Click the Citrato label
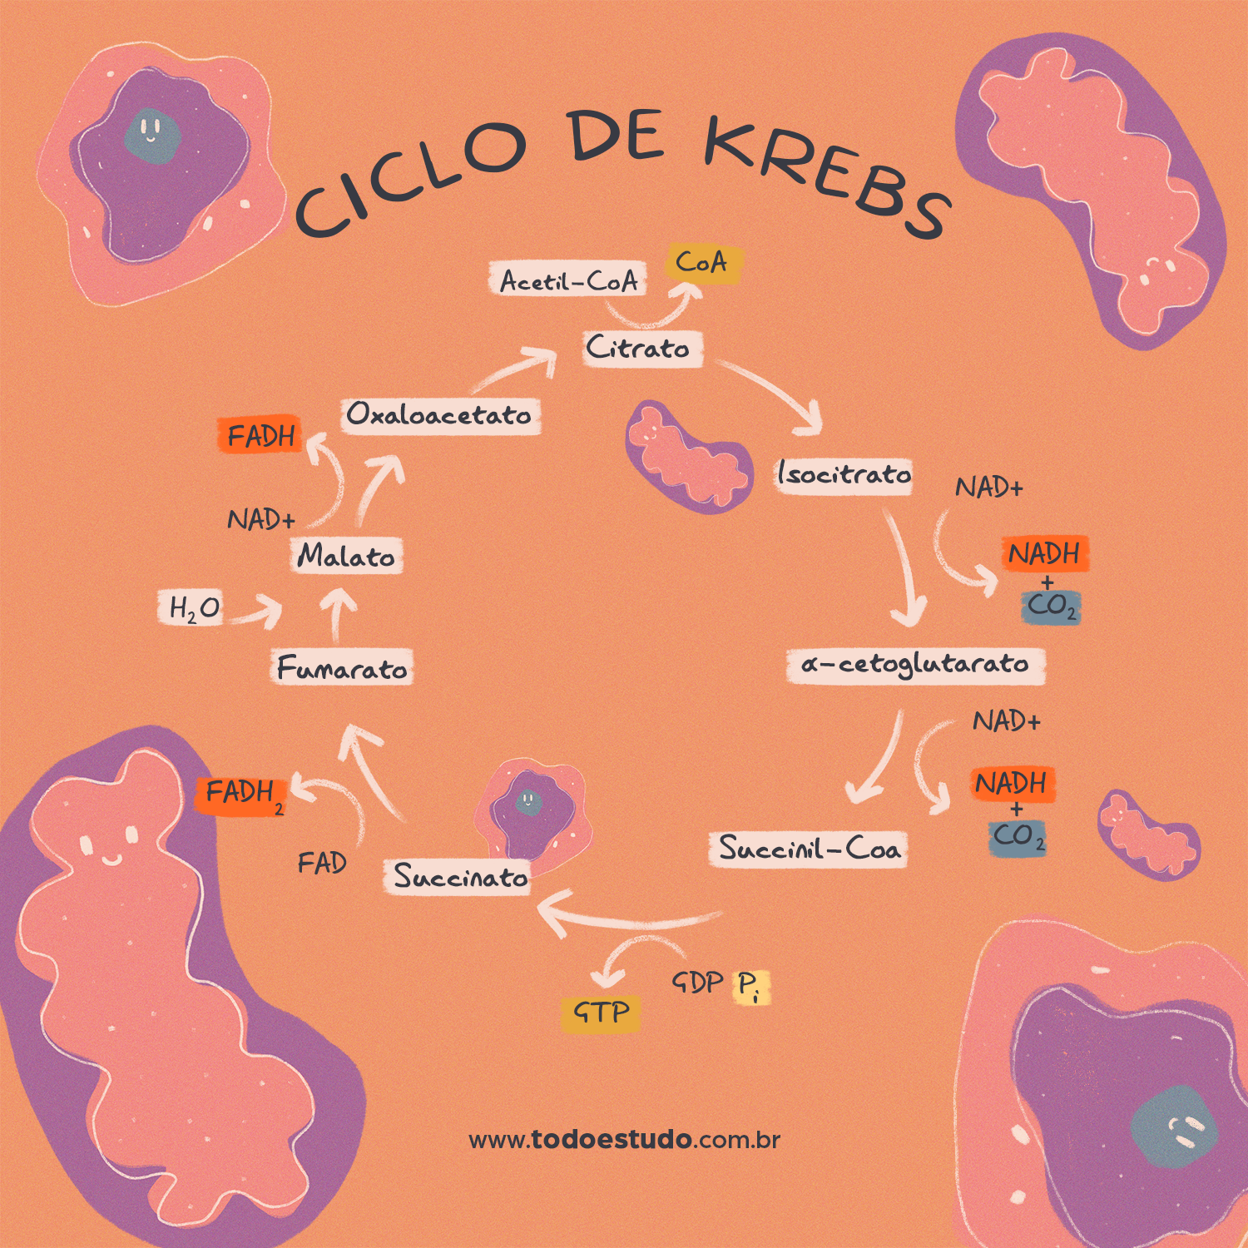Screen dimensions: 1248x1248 640,349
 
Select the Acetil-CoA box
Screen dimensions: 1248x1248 569,281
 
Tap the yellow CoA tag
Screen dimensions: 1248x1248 702,264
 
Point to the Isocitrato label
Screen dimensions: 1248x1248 844,474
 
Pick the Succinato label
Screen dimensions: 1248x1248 459,877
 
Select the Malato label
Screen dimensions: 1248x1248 346,556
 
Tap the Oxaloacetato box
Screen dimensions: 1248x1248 439,414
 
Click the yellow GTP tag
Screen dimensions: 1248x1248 601,1013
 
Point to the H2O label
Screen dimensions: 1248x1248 193,608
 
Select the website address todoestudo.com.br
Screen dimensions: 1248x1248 624,1140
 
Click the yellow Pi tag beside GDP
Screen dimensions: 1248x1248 750,986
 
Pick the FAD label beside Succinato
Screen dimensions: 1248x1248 322,863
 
